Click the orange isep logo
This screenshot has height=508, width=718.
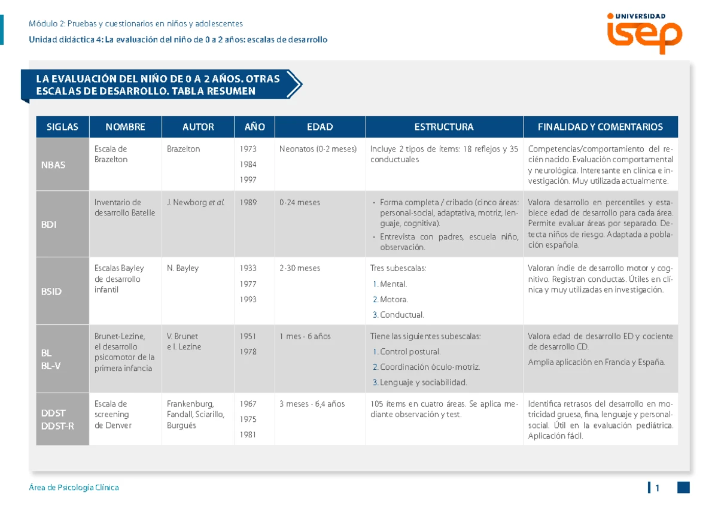[644, 34]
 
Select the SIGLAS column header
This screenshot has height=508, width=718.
[62, 127]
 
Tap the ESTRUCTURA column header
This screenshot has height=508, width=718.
[444, 127]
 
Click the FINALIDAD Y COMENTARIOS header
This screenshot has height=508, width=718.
[600, 127]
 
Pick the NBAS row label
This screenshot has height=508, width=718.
[53, 165]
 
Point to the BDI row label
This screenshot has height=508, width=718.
[48, 224]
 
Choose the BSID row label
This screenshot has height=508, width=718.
[51, 291]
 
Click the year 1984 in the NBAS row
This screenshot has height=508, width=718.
[248, 165]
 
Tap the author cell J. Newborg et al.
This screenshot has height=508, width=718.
[196, 203]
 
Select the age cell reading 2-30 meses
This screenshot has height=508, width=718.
[300, 268]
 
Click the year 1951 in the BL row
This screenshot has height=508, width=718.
[248, 336]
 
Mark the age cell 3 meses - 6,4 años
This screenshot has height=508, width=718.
[312, 404]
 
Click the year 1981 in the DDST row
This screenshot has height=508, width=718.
[248, 434]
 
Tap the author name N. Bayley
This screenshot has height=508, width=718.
[182, 268]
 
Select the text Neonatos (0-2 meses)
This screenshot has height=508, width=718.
[318, 149]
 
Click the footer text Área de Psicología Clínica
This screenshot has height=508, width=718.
[74, 488]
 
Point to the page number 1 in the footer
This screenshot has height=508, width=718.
[657, 488]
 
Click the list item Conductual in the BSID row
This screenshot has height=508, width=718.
[398, 315]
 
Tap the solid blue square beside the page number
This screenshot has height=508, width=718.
[683, 488]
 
